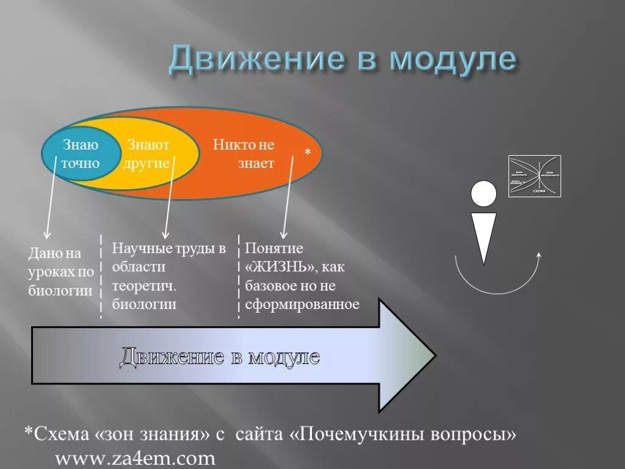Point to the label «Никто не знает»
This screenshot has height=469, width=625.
coord(244,155)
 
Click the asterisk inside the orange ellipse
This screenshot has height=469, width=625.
coord(308,151)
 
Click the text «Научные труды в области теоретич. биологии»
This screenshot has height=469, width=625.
coord(168,276)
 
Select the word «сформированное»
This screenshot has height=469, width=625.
coord(302,304)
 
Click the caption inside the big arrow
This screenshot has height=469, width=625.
coord(219,356)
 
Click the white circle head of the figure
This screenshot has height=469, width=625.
coord(483,194)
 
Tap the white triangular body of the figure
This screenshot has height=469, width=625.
coord(483,235)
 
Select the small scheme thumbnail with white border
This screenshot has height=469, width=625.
coord(535,176)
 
